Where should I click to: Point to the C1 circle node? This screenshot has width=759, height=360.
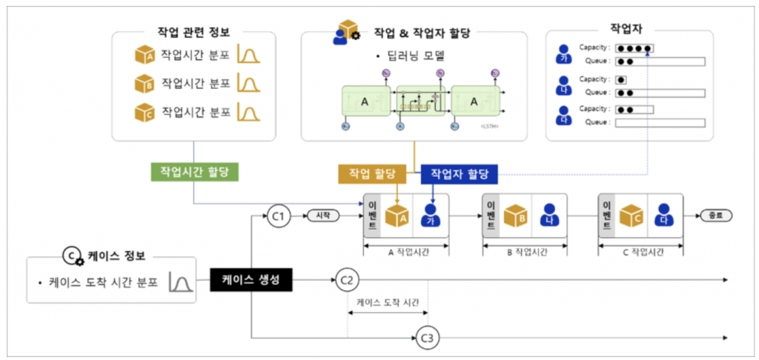pos(279,216)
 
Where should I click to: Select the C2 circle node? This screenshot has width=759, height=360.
pos(346,281)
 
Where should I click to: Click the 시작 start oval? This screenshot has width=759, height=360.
pos(322,216)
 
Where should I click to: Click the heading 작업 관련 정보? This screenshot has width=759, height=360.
pos(193,33)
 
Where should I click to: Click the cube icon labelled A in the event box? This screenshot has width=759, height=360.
pos(397,216)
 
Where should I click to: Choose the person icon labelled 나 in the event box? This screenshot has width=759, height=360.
pos(548,216)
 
